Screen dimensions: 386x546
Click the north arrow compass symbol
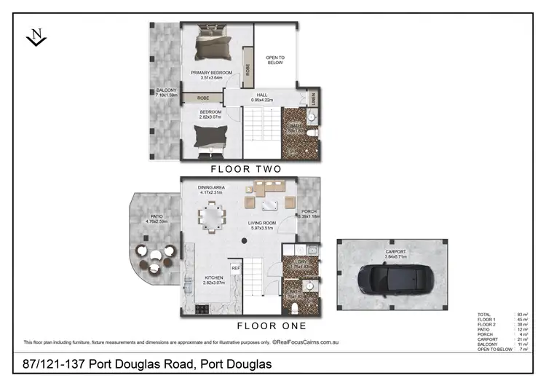coord(36,37)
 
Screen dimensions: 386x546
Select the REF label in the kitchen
coord(235,268)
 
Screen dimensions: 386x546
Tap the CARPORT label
coord(397,253)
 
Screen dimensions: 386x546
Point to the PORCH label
coord(309,212)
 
